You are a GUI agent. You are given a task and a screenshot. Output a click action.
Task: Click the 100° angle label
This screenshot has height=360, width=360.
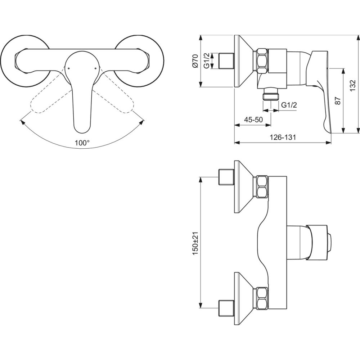[82, 143]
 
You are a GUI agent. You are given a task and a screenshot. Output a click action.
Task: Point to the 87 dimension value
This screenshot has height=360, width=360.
[338, 100]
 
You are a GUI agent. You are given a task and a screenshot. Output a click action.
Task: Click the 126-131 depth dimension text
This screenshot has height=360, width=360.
[282, 137]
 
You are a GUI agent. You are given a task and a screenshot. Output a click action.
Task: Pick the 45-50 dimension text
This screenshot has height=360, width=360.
[253, 120]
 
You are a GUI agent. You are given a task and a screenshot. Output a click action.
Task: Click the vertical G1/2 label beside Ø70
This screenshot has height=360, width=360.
[207, 60]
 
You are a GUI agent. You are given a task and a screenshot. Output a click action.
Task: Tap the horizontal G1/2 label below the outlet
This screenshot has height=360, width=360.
[289, 105]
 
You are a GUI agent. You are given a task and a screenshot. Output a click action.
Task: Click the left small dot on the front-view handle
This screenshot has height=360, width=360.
[69, 68]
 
